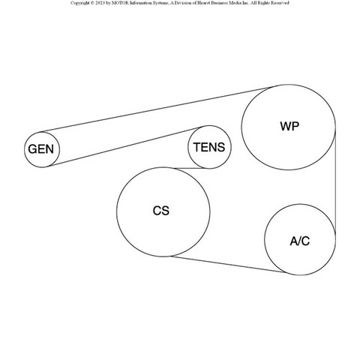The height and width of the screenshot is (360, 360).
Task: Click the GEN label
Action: pyautogui.click(x=41, y=149)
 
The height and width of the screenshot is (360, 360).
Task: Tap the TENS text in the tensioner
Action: pyautogui.click(x=209, y=147)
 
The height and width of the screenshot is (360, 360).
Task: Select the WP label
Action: pyautogui.click(x=289, y=126)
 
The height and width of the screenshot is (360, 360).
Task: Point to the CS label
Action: pyautogui.click(x=161, y=211)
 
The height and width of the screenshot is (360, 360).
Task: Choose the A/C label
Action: pyautogui.click(x=300, y=241)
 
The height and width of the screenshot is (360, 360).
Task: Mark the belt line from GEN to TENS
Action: pyautogui.click(x=125, y=147)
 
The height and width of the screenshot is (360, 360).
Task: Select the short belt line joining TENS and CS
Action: pyautogui.click(x=191, y=169)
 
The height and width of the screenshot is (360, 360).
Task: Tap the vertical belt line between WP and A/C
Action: pyautogui.click(x=335, y=182)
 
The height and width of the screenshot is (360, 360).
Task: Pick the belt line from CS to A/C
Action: pyautogui.click(x=228, y=264)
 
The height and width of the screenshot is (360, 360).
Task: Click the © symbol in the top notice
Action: pyautogui.click(x=92, y=3)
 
